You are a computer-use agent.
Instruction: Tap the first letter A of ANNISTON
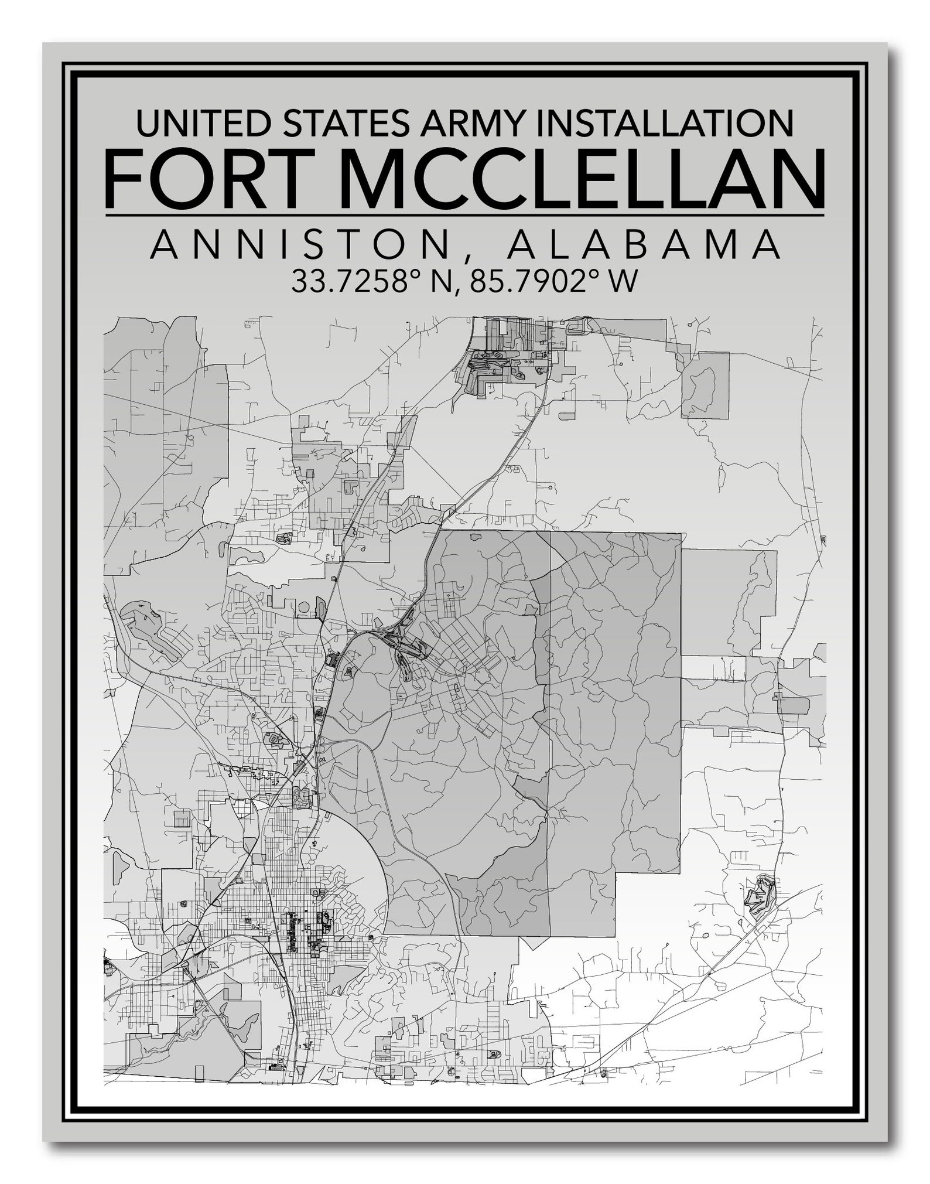(163, 245)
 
